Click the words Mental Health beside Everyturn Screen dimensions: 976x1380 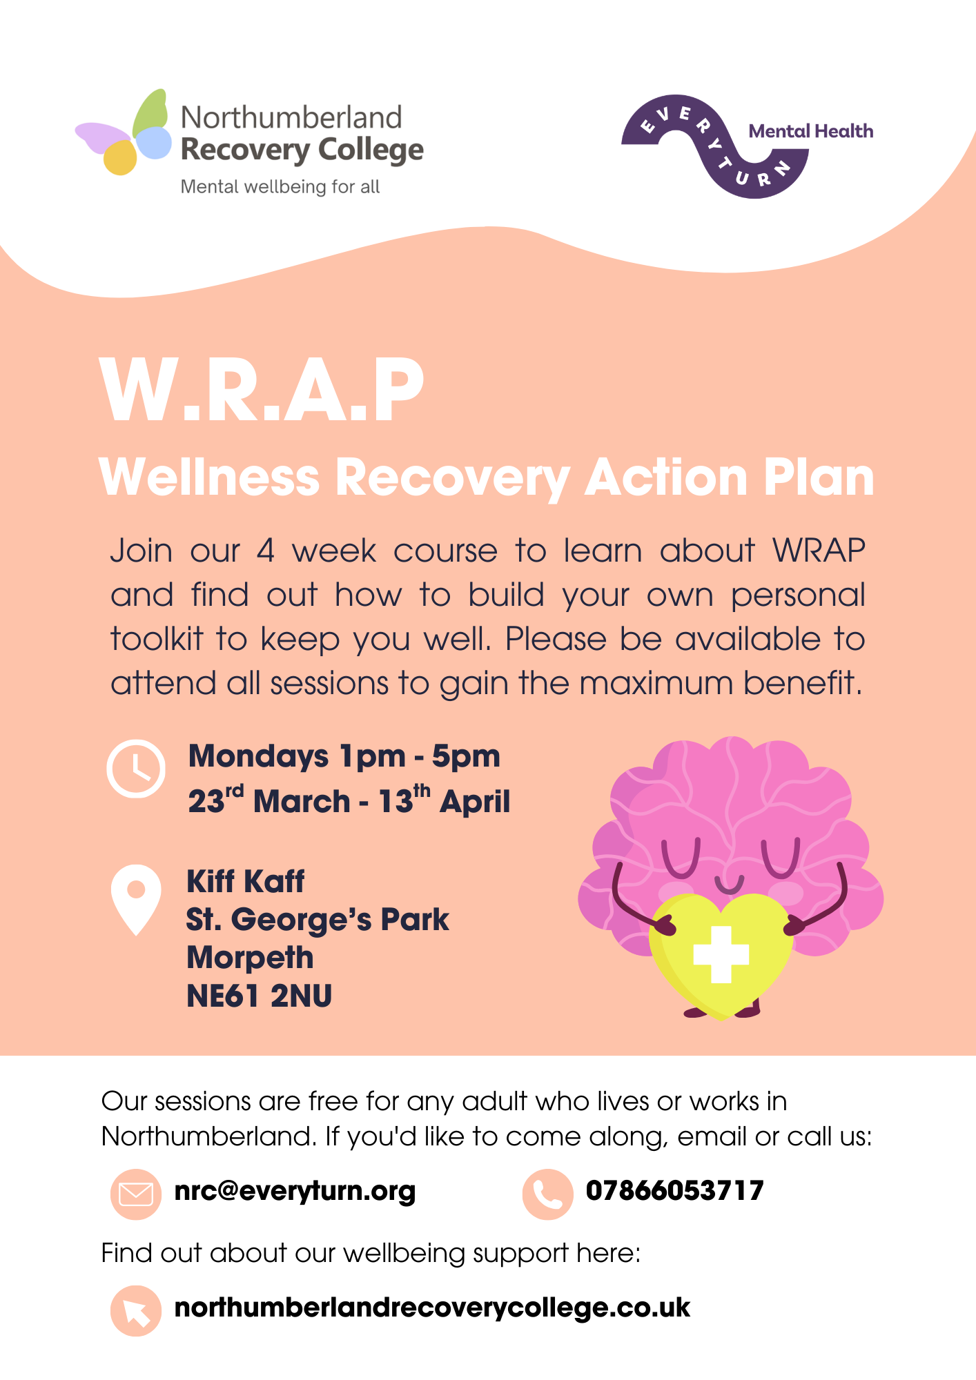click(811, 131)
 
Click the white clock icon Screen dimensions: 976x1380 click(136, 769)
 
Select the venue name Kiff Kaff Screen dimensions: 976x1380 click(245, 881)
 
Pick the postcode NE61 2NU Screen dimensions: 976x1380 click(260, 996)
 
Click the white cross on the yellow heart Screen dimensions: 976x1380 click(721, 954)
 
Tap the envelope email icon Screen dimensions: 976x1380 click(136, 1194)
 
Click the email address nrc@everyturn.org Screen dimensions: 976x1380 click(295, 1192)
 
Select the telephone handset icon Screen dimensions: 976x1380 click(547, 1194)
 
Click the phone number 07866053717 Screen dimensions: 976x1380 click(674, 1190)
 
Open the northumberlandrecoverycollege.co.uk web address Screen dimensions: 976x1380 click(432, 1308)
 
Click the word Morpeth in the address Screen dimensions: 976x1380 click(250, 958)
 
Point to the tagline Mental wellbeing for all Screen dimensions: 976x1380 click(280, 187)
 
